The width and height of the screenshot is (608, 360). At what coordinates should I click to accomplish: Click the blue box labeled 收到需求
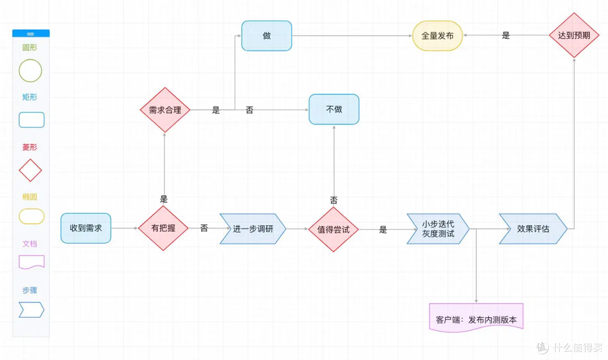[x=86, y=228]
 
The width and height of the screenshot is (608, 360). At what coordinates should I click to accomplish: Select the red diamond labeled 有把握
[x=163, y=228]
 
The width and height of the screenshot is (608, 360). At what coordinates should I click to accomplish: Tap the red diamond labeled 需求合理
[x=165, y=110]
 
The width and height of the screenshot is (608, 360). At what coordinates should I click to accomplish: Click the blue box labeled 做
[x=267, y=35]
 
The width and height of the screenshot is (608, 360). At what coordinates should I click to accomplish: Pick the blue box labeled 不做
[x=334, y=109]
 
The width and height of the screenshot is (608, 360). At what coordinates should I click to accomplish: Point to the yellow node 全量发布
[x=437, y=35]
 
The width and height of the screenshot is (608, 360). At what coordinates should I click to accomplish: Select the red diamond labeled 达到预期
[x=574, y=35]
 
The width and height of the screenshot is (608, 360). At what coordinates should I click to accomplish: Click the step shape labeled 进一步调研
[x=253, y=228]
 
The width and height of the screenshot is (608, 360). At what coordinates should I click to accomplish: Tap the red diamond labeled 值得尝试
[x=333, y=229]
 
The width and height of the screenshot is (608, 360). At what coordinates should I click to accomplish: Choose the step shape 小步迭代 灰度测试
[x=438, y=228]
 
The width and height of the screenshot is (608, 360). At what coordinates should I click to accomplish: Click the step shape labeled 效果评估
[x=533, y=228]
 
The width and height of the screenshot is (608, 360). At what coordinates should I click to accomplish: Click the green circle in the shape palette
[x=30, y=70]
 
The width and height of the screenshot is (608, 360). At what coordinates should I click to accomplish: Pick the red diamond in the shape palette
[x=30, y=170]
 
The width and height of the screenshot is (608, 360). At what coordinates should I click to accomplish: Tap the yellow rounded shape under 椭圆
[x=32, y=216]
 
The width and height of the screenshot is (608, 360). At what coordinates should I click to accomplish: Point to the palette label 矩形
[x=30, y=97]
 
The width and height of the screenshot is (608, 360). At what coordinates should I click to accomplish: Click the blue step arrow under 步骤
[x=32, y=309]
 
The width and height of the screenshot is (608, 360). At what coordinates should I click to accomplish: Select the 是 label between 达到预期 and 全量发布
[x=506, y=35]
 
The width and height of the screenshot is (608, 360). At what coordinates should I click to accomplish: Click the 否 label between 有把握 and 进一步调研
[x=204, y=228]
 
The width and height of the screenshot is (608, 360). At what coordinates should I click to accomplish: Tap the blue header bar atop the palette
[x=31, y=34]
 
